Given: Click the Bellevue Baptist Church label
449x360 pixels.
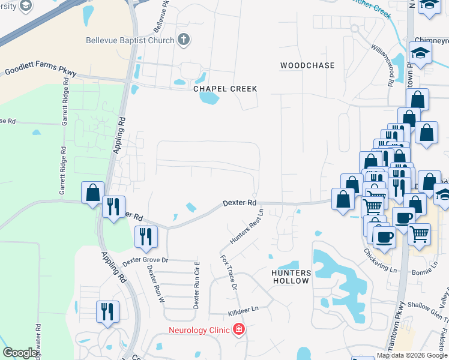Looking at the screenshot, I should click(128, 41).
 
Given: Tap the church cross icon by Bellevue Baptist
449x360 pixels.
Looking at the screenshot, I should click(184, 41).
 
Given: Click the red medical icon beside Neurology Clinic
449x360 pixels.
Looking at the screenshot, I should click(239, 329).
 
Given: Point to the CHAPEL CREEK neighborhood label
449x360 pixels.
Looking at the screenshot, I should click(225, 89).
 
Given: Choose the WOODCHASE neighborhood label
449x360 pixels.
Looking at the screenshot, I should click(307, 65).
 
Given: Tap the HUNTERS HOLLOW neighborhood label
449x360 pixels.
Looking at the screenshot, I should click(291, 277).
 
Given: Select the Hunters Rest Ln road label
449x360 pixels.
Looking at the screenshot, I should click(247, 227).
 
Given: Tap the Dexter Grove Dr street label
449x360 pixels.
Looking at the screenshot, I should click(146, 261).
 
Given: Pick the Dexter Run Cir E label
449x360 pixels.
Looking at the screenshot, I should click(196, 285).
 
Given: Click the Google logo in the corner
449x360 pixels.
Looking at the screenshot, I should click(20, 353).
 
